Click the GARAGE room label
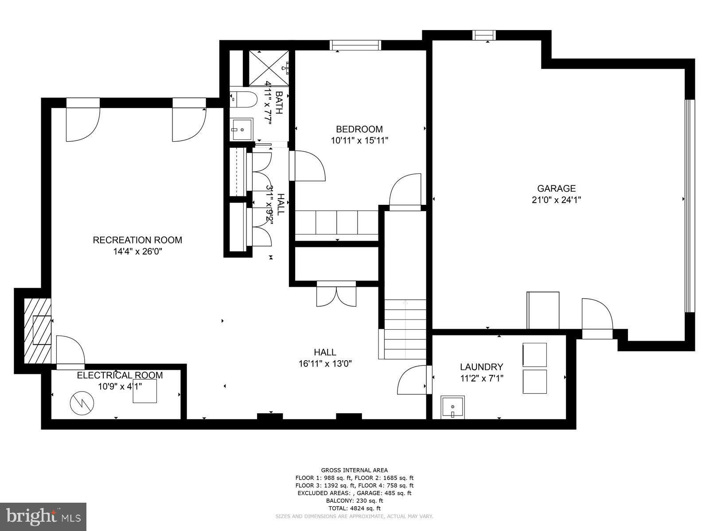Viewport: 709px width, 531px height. (556, 189)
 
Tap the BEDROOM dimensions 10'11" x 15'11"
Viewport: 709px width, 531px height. (359, 141)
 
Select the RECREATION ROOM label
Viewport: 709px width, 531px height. (137, 240)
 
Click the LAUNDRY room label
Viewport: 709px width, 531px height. (481, 367)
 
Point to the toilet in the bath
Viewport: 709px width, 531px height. (243, 99)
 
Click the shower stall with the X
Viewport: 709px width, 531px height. (268, 68)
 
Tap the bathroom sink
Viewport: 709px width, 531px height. (241, 129)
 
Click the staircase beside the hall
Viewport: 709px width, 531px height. (405, 330)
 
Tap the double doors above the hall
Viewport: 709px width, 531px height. (336, 294)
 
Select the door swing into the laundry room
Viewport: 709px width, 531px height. (413, 380)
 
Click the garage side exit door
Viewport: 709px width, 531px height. (597, 315)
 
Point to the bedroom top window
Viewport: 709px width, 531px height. (355, 45)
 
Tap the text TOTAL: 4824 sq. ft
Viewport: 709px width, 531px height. (354, 508)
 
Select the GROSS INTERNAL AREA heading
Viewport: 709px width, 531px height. (354, 470)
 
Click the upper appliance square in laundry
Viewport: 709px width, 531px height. (534, 354)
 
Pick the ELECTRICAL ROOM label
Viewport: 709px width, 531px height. (120, 375)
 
